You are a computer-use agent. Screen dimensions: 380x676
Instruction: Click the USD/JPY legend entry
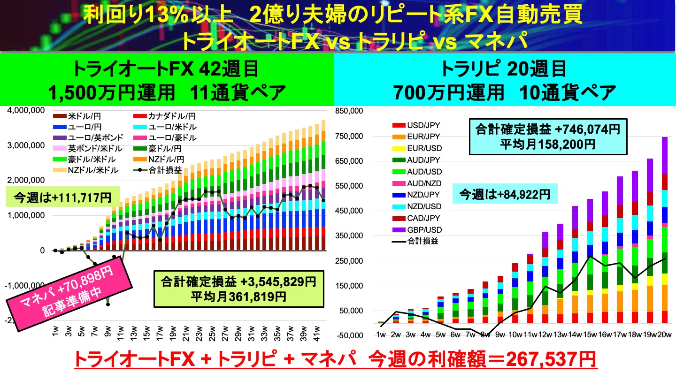point(420,126)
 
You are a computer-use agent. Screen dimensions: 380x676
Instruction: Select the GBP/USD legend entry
point(420,230)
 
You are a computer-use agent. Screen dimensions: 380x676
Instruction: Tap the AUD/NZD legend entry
point(420,183)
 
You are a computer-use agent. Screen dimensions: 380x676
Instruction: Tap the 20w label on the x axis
point(664,334)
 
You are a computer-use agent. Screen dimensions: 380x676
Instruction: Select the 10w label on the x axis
point(515,334)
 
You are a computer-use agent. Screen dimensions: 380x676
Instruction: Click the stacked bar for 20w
point(664,230)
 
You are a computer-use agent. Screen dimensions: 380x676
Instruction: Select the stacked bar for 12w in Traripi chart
point(545,277)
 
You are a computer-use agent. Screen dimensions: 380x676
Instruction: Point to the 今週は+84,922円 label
point(504,193)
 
